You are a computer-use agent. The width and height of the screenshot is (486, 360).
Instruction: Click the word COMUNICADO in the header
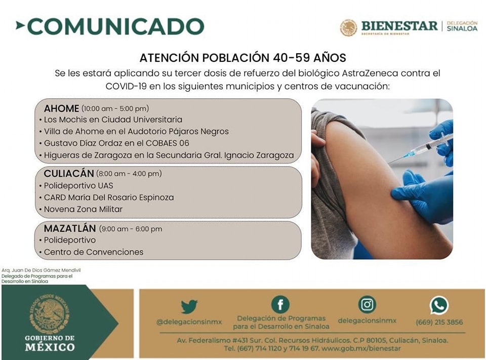coord(115,26)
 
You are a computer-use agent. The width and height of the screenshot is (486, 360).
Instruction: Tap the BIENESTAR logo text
coord(399,26)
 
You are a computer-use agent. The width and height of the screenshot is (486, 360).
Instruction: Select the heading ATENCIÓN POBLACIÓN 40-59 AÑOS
coord(243,57)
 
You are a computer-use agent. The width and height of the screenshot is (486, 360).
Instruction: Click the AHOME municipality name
coord(61,108)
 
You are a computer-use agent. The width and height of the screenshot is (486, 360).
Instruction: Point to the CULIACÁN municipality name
coord(69,174)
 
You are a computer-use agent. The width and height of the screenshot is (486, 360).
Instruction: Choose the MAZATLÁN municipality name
coord(70,228)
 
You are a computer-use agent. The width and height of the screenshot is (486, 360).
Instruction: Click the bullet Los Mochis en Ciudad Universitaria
coord(112,120)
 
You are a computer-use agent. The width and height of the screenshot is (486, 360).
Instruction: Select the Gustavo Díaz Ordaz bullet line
coord(116,143)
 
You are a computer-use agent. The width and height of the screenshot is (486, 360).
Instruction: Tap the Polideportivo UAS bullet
coord(78,186)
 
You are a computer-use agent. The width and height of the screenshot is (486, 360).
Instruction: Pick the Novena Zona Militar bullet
coord(83,209)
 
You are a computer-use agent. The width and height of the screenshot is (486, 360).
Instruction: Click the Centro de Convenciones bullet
coord(93,252)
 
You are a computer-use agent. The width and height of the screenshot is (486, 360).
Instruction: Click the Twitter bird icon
coord(189,306)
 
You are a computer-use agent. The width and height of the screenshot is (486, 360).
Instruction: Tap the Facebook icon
coord(280,304)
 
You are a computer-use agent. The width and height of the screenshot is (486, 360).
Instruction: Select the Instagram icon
coord(367,304)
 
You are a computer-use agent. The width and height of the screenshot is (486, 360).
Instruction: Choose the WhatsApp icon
coord(439,305)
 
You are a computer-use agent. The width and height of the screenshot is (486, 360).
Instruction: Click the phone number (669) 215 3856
coord(439,322)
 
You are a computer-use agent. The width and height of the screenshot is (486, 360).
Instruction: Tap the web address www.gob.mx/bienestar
coord(361,348)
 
